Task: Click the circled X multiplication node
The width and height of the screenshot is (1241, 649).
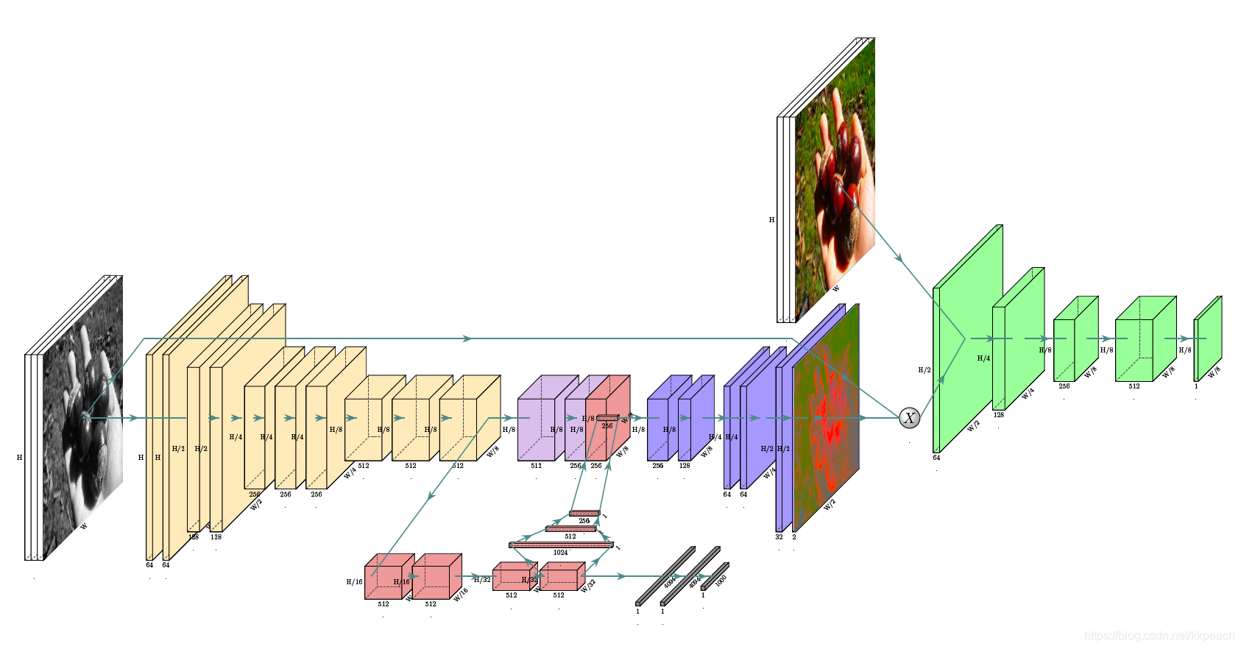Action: [910, 418]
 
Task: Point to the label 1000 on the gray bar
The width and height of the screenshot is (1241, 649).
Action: [721, 579]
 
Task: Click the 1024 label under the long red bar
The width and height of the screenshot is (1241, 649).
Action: [561, 553]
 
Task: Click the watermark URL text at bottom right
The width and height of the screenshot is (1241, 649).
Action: [1159, 636]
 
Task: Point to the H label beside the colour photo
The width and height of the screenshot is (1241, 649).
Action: [771, 220]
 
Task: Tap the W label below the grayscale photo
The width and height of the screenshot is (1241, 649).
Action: [84, 526]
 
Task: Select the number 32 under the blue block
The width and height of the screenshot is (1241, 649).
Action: [779, 537]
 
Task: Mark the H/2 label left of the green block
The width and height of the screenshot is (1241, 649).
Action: [924, 370]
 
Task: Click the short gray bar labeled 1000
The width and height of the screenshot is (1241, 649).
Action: [715, 576]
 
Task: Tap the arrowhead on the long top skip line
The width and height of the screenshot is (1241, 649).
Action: [467, 338]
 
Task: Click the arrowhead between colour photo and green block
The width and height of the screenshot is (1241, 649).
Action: [899, 258]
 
